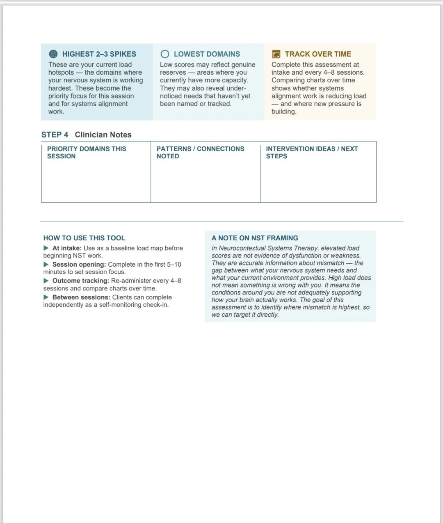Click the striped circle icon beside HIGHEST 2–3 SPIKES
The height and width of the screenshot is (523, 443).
pos(53,54)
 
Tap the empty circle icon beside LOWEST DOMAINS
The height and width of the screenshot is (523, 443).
pos(165,54)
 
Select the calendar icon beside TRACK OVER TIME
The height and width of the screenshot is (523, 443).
pos(276,54)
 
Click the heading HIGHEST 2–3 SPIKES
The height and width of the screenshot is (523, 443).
pos(99,54)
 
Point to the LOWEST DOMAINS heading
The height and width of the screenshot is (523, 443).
pos(207,54)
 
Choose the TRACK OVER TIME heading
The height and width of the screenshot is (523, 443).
pos(318,54)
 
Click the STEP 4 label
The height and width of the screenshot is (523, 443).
pos(55,135)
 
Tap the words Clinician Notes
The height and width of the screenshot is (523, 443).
pos(103,135)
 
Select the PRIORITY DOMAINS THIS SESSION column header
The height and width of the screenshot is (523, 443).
pos(87,152)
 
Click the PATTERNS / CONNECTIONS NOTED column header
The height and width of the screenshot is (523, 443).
pos(200,152)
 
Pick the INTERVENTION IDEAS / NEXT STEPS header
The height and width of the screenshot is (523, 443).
pos(312,152)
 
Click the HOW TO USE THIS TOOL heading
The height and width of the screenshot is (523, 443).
pos(84,238)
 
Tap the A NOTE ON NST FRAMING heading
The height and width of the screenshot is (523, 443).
pos(255,238)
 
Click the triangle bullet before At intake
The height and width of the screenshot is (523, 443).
pos(46,248)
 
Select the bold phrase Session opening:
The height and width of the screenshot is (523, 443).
pos(79,264)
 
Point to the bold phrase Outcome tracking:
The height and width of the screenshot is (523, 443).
pos(81,281)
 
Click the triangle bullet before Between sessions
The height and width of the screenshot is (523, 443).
pos(46,297)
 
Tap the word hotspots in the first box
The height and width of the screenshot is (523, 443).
pos(61,72)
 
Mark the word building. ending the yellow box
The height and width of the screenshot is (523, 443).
pos(284,112)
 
